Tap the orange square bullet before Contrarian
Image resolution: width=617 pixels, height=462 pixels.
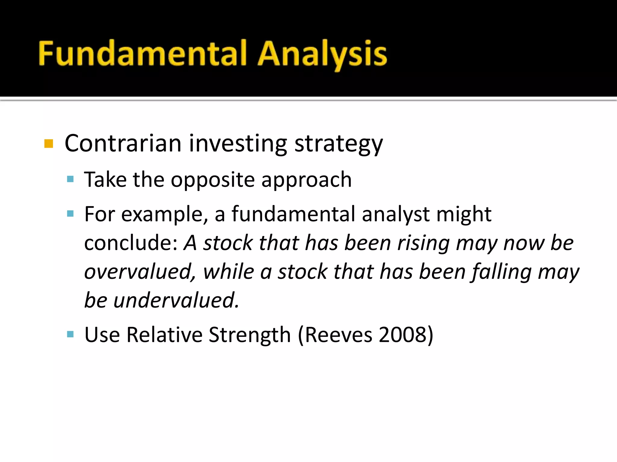click(x=49, y=144)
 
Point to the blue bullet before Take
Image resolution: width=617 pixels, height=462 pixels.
click(x=70, y=180)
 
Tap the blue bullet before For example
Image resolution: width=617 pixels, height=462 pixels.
click(x=70, y=214)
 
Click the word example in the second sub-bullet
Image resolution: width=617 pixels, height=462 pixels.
click(x=164, y=214)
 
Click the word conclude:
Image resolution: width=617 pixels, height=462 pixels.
click(x=131, y=243)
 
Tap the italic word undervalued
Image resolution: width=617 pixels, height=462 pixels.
click(x=176, y=300)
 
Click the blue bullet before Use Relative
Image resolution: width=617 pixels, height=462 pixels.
click(x=70, y=334)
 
